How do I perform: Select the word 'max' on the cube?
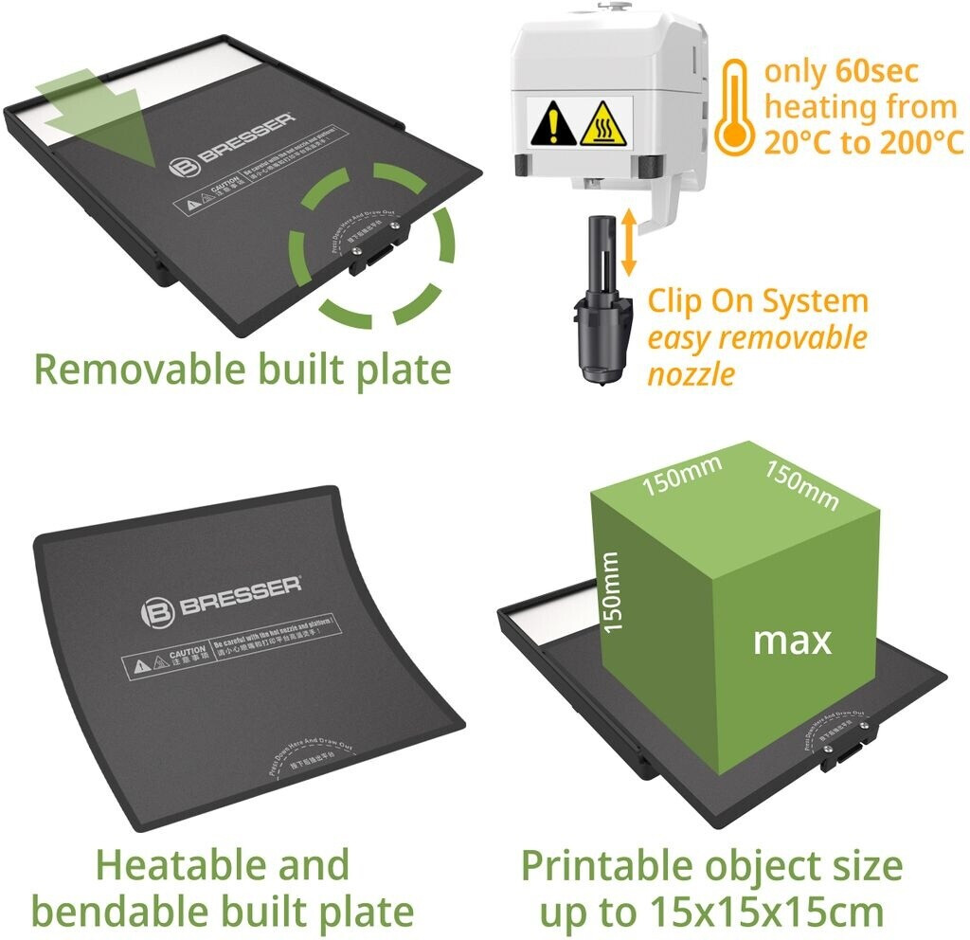pos(792,641)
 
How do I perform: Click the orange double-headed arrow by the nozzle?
pos(626,243)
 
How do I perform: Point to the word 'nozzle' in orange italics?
pos(692,373)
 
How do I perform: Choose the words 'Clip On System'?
pos(758,301)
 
